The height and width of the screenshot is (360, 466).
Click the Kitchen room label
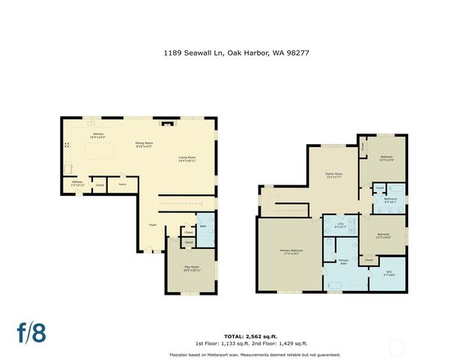(x=97, y=136)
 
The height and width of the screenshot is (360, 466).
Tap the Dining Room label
(x=144, y=145)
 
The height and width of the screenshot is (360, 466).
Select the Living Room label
(x=187, y=158)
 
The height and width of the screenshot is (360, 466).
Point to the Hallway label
(x=77, y=182)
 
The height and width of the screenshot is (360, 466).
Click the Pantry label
(x=122, y=183)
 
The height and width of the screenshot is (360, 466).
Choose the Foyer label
(x=151, y=224)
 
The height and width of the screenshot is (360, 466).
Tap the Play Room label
(x=192, y=268)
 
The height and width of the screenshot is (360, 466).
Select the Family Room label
(x=333, y=175)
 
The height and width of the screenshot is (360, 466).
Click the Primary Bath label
(x=344, y=262)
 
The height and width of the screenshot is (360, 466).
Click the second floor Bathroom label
(x=390, y=200)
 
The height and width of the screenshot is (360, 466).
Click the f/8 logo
(x=32, y=333)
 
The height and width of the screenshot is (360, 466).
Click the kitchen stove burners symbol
(x=67, y=145)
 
